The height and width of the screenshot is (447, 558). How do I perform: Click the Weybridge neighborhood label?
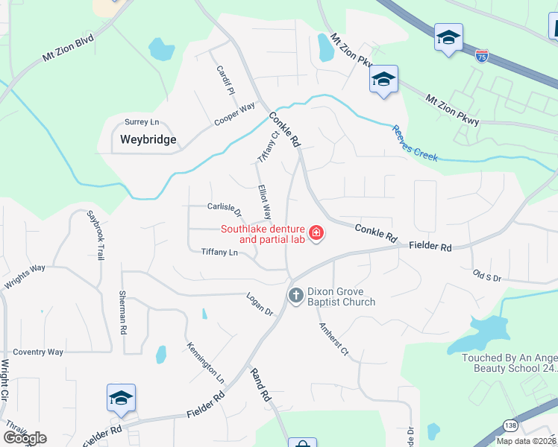148,139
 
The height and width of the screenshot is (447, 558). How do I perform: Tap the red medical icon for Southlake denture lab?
316,234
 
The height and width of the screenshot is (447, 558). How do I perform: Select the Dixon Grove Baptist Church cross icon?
295,296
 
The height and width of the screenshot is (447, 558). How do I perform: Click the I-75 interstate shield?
483,56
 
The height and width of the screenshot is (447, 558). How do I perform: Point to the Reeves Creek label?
414,142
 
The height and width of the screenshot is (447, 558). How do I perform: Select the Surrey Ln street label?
142,121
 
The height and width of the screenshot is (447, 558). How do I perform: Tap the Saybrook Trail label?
95,234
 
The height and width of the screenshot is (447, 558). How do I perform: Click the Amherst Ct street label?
333,339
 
